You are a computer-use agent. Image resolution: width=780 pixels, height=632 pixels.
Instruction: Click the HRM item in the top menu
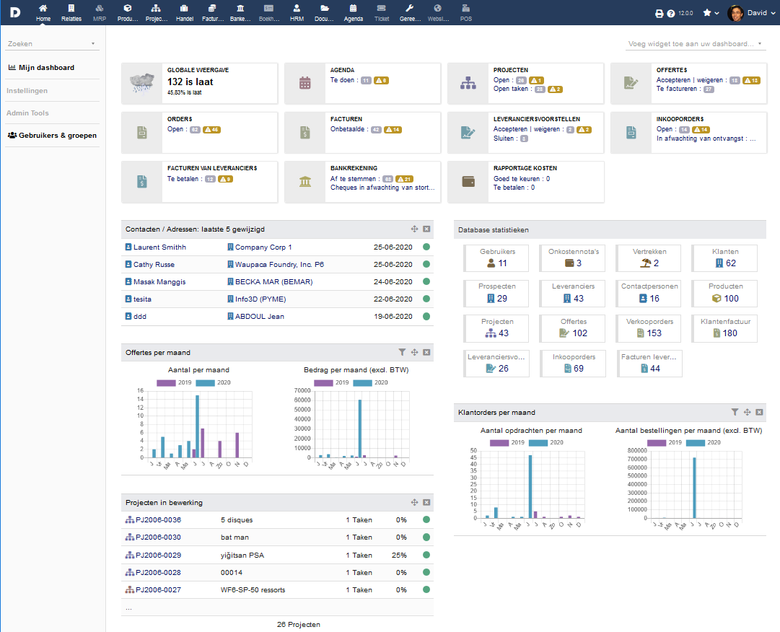(297, 12)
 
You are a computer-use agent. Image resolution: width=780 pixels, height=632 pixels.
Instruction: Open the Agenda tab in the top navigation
(354, 12)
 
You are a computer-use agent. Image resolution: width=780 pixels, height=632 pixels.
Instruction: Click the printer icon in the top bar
(659, 13)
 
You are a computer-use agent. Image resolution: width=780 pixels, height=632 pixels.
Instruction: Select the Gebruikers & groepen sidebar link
(52, 135)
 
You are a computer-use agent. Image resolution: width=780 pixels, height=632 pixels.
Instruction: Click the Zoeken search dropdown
(51, 44)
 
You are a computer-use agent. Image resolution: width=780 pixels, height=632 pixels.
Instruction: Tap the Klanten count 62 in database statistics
(725, 263)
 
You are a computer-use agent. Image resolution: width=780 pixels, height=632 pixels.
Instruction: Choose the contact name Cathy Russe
(154, 265)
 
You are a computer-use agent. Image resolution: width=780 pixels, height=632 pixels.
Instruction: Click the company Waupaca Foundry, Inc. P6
(279, 265)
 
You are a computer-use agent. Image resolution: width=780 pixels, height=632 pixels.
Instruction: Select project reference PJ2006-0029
(157, 555)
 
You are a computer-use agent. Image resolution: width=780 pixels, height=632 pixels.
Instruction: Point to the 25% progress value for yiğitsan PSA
(399, 555)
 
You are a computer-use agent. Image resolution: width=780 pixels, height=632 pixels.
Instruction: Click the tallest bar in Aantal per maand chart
(197, 426)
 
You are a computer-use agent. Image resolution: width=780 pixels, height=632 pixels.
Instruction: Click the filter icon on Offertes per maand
(402, 352)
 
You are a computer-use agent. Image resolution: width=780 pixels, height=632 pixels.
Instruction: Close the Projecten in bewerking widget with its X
(426, 502)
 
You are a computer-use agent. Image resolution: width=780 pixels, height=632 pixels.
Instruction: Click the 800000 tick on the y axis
(636, 450)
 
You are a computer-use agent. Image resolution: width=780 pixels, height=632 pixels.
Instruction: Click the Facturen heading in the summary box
(346, 119)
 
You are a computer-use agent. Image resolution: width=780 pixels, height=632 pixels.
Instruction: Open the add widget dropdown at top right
(696, 44)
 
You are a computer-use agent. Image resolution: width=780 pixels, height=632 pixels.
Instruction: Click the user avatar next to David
(736, 12)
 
